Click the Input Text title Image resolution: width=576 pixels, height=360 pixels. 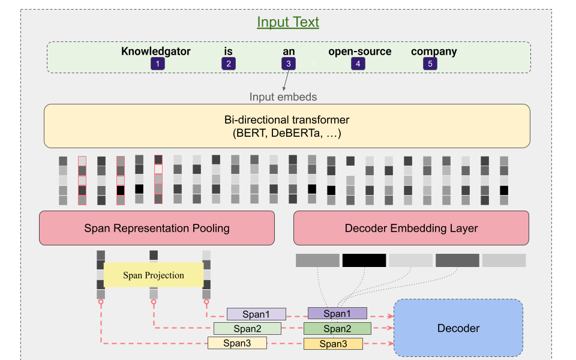click(288, 23)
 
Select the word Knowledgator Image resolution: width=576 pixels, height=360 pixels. click(156, 52)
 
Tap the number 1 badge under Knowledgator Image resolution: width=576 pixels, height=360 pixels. click(157, 64)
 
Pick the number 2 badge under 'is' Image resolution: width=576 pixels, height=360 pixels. click(228, 64)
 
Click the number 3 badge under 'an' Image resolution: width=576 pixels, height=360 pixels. click(289, 64)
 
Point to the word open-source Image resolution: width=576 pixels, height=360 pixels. click(359, 52)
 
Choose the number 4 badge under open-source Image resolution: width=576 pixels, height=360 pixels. click(358, 64)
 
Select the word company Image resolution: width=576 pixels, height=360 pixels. click(434, 52)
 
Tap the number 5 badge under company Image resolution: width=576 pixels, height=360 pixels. click(430, 64)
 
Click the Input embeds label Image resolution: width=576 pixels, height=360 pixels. click(283, 97)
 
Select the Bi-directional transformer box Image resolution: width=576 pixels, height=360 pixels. click(287, 126)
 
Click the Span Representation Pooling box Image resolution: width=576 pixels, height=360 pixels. click(157, 228)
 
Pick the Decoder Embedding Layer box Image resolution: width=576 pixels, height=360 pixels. click(411, 228)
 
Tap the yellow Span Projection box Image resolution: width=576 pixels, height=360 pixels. click(154, 275)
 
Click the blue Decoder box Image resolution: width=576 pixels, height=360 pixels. click(458, 328)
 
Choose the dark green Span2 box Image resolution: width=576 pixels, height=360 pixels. click(337, 329)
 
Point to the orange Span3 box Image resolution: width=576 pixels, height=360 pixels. click(333, 344)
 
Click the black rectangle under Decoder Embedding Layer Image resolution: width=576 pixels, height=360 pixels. click(364, 260)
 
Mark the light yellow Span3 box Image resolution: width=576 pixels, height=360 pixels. click(237, 343)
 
